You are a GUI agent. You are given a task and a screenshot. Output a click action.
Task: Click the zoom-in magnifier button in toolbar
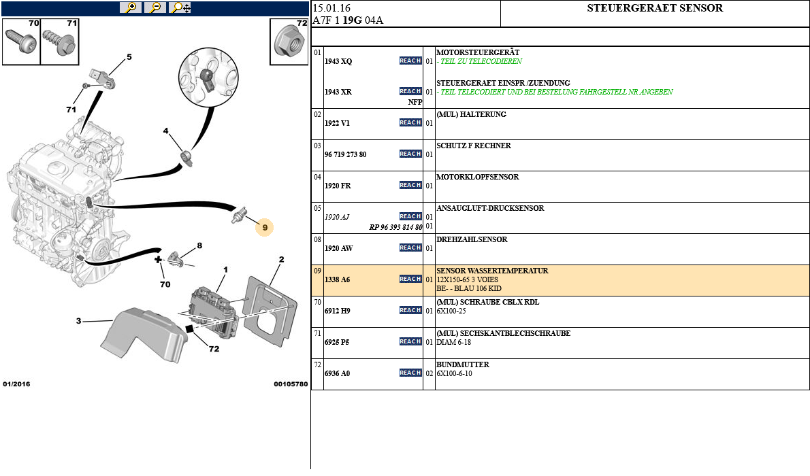[130, 7]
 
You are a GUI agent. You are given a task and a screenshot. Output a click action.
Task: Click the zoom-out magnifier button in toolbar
[155, 7]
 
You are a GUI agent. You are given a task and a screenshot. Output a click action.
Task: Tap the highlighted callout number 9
[264, 227]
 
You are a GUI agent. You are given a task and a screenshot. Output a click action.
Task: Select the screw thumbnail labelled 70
[20, 42]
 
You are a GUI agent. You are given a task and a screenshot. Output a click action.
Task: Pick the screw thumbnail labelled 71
[60, 42]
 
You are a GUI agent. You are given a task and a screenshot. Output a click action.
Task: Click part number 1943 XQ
[338, 61]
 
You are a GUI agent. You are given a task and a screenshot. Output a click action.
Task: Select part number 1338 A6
[337, 279]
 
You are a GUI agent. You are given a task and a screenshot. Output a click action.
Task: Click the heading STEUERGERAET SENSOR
[655, 9]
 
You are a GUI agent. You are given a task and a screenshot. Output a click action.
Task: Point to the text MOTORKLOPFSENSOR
[477, 177]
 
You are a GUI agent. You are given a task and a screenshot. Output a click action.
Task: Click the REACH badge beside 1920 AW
[410, 248]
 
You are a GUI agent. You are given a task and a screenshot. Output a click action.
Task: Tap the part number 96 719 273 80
[345, 154]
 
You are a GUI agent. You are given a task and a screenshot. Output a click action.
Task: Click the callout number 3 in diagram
[78, 321]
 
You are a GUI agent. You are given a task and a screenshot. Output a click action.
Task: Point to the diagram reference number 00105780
[291, 384]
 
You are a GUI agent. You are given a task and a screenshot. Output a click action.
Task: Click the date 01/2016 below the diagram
[16, 384]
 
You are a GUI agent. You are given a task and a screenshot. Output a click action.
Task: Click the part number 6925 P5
[336, 342]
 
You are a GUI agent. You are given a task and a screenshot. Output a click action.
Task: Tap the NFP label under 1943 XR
[415, 102]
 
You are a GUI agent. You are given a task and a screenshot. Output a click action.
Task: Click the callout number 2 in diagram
[281, 259]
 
